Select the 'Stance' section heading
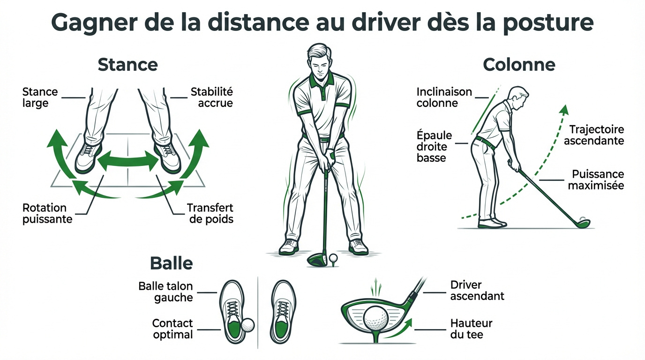point(127,65)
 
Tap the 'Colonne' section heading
point(519,65)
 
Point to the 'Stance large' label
point(40,97)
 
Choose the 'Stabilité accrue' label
point(211,97)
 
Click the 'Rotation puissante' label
point(47,213)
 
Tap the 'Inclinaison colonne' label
point(444,97)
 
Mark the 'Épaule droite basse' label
point(434,147)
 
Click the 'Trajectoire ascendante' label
point(593,135)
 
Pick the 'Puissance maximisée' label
point(596,180)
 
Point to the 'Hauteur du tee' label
point(471,329)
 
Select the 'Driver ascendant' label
point(477,291)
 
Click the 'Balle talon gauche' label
point(165,292)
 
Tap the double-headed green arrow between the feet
point(128,161)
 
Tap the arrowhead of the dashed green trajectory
point(564,110)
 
